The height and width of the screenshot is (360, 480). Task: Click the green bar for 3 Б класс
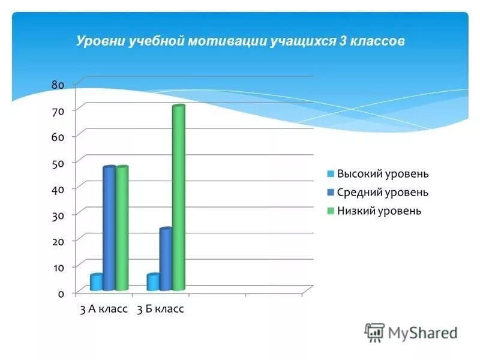[178, 198]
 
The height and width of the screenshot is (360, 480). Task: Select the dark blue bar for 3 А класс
[109, 228]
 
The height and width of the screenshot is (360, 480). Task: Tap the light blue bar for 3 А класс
[96, 282]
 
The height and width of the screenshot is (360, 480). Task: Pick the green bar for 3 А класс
[122, 228]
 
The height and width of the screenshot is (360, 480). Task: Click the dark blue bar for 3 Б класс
[166, 259]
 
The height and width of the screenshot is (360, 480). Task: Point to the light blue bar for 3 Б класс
[153, 282]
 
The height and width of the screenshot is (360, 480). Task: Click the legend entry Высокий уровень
[383, 174]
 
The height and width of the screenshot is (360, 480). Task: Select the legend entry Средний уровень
[383, 193]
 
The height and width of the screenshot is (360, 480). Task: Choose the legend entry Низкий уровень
[379, 211]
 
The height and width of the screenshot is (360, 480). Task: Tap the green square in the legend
[330, 211]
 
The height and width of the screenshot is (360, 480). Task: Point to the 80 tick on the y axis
[58, 85]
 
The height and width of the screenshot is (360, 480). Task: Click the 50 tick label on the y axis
[58, 163]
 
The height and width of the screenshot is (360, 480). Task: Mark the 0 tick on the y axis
[61, 293]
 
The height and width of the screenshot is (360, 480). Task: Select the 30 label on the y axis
[58, 215]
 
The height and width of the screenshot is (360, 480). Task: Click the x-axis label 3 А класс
[104, 310]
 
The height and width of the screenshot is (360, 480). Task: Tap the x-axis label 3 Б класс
[160, 310]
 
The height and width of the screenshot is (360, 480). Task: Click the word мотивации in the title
[228, 41]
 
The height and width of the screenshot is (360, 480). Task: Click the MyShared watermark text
[422, 332]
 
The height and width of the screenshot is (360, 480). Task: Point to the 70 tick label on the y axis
[58, 110]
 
